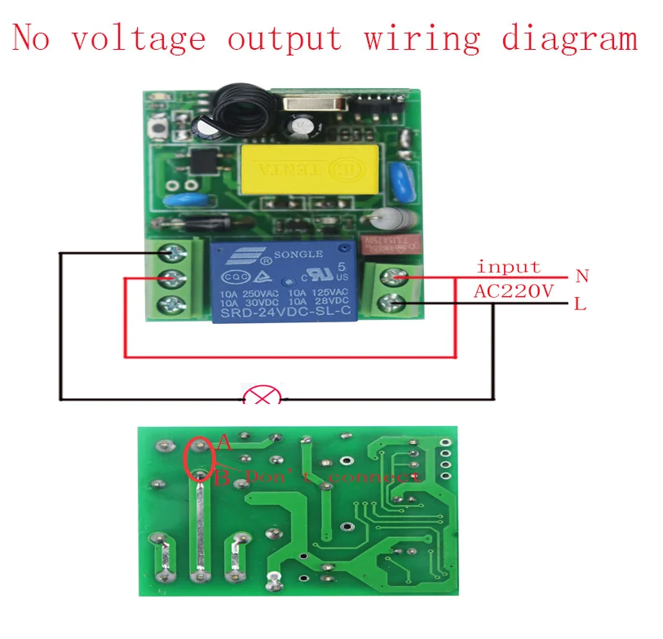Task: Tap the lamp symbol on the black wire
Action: pyautogui.click(x=262, y=397)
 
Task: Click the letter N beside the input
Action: pyautogui.click(x=581, y=277)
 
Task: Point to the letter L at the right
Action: pyautogui.click(x=580, y=305)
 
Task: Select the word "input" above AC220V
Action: pyautogui.click(x=507, y=267)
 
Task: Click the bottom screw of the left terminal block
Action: pyautogui.click(x=172, y=307)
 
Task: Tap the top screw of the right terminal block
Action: pyautogui.click(x=395, y=277)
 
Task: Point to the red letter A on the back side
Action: pyautogui.click(x=224, y=444)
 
